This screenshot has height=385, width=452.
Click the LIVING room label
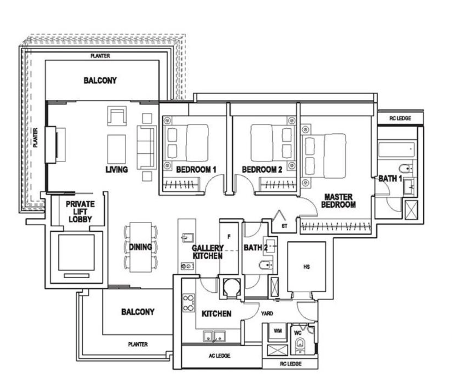pos(117,169)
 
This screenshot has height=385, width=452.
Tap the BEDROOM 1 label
pos(196,169)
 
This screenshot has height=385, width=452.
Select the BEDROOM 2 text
pos(262,169)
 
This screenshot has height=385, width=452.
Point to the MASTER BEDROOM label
pos(338,201)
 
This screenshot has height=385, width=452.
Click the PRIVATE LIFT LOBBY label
pos(80,211)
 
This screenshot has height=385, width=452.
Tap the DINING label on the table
pos(141,247)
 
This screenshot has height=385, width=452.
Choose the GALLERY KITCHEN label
pos(207,252)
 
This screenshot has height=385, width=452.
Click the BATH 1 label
pos(390,179)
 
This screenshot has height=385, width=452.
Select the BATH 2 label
pos(256,248)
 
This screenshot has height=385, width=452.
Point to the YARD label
pos(267,313)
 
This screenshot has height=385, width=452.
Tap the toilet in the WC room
pos(300,345)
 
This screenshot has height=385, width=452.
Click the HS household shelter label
pos(307,267)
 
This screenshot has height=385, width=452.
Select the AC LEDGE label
pos(220,356)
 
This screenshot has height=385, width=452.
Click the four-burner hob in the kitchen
pos(188,303)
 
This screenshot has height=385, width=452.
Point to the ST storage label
pos(284,226)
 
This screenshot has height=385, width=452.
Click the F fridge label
pos(229,237)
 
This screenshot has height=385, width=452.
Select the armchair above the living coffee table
pos(117,116)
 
